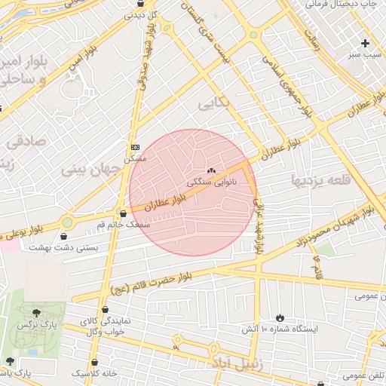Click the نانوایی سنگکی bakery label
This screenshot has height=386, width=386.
pyautogui.click(x=212, y=182)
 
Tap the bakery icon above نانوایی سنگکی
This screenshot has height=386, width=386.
pyautogui.click(x=212, y=170)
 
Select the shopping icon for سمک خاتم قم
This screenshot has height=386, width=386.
pyautogui.click(x=122, y=213)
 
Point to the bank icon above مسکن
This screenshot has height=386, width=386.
pyautogui.click(x=135, y=147)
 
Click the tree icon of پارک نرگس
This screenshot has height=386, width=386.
pyautogui.click(x=35, y=311)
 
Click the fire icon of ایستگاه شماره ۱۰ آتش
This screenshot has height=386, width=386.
pyautogui.click(x=280, y=317)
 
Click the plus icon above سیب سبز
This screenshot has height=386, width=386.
pyautogui.click(x=366, y=43)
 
